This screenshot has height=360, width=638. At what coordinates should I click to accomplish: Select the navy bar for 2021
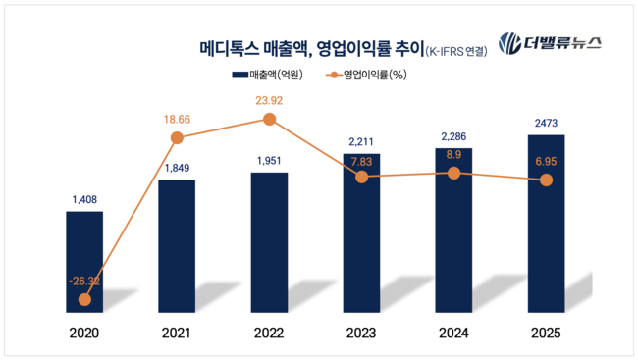[177, 245]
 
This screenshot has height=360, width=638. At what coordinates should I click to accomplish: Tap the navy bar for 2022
[269, 241]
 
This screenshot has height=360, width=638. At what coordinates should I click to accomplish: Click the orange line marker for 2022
[270, 120]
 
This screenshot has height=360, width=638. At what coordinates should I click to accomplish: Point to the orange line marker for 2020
[85, 300]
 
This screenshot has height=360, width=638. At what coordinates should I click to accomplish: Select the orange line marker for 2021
[178, 137]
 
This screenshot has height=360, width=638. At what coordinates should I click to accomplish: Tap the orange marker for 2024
[453, 173]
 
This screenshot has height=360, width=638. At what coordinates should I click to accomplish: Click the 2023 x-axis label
[361, 333]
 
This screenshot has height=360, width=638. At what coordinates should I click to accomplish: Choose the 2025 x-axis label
[547, 333]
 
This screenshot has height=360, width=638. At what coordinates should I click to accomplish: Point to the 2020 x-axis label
[84, 333]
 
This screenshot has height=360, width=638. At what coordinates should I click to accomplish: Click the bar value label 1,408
[84, 200]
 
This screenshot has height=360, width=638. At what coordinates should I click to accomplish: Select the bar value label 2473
[547, 123]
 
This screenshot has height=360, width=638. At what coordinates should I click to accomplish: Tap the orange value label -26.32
[84, 280]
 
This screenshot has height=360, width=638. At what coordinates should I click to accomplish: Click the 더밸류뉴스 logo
[550, 43]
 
